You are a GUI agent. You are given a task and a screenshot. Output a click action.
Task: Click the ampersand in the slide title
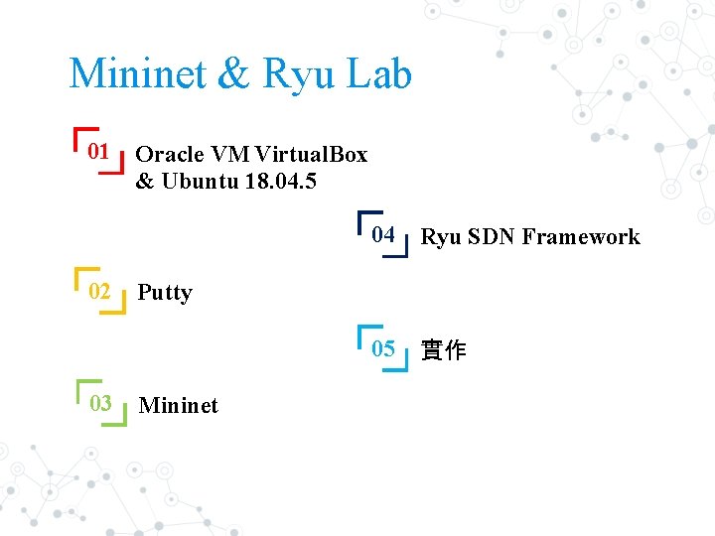click(x=231, y=74)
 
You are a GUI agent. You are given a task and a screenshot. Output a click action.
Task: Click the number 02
click(x=99, y=291)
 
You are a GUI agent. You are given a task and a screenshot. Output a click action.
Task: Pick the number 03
click(x=100, y=403)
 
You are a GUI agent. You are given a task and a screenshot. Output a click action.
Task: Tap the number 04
click(x=383, y=235)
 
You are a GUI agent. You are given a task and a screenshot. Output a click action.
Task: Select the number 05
click(x=383, y=348)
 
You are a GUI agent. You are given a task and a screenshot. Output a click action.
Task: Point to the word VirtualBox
click(x=311, y=155)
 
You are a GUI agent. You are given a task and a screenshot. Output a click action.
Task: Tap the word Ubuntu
click(x=194, y=182)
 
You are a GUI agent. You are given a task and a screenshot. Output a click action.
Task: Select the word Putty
click(x=165, y=293)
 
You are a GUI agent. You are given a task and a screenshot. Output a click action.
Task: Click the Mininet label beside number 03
click(x=179, y=405)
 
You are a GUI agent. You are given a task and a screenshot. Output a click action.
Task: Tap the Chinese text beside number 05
click(x=443, y=350)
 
